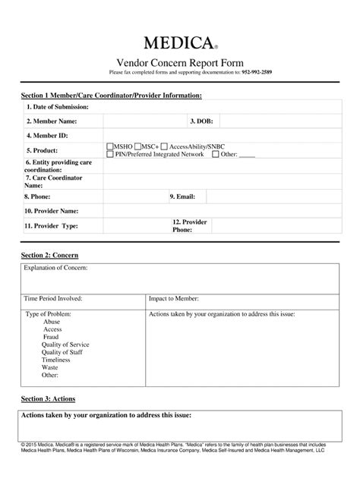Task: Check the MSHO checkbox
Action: pos(109,145)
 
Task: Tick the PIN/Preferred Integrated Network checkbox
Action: pos(109,154)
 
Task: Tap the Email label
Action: pos(183,197)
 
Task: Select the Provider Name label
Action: pos(52,211)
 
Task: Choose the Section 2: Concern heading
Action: pos(49,255)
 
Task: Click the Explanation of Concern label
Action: pos(56,269)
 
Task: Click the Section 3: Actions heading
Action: pos(48,398)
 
